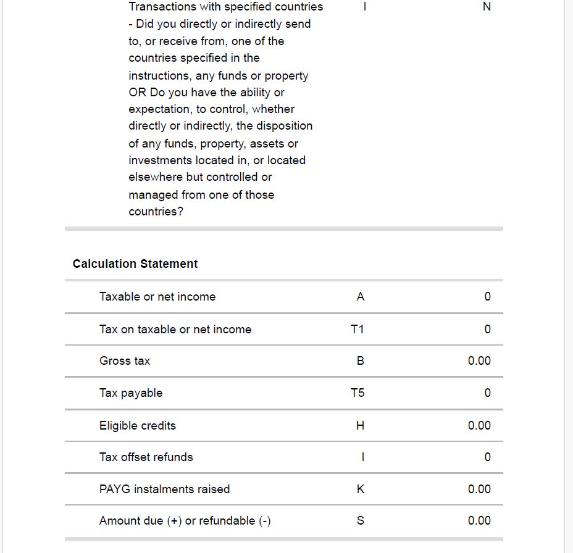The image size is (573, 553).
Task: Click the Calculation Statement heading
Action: pos(135,264)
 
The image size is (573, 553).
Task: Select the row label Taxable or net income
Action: pos(157,296)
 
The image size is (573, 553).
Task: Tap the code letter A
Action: pos(361,296)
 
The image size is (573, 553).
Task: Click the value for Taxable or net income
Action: pos(487,296)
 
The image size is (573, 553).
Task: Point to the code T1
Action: pos(358,329)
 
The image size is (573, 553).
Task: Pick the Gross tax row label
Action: pos(125,361)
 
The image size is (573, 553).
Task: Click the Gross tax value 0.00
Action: pos(479,361)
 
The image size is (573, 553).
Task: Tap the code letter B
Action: pos(361,361)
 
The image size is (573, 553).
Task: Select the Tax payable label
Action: pos(131,393)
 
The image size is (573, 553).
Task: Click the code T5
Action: pos(358,393)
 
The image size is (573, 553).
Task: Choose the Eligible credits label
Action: pos(138,425)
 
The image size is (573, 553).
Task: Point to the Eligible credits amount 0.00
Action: pos(479,425)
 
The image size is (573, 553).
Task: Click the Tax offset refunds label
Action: pos(146,457)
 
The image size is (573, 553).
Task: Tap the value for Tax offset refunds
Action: pos(487,457)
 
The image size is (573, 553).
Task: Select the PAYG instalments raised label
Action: pos(164,489)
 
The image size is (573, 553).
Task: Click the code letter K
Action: pos(361,489)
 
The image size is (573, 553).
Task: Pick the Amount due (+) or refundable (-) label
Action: pos(185,521)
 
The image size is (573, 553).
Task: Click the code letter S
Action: pos(361,521)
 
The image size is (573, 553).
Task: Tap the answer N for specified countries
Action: pos(487,7)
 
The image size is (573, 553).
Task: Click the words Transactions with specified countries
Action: pos(225,7)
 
